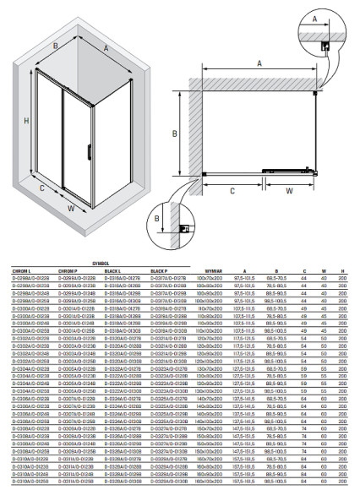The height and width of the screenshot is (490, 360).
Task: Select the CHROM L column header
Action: point(20,270)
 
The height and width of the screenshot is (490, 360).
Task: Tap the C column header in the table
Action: point(303,270)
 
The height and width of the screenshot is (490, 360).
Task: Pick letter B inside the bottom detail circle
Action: point(157,220)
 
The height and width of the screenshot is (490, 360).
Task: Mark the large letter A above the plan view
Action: point(259,63)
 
